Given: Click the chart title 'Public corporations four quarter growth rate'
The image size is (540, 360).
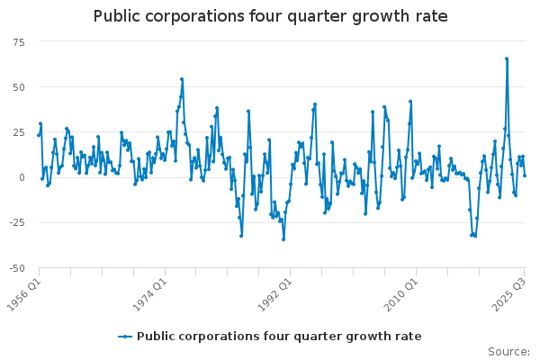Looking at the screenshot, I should pyautogui.click(x=270, y=16).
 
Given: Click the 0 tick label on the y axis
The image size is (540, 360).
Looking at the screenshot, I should pyautogui.click(x=22, y=177).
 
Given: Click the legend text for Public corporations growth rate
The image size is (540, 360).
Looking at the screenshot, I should pyautogui.click(x=279, y=337).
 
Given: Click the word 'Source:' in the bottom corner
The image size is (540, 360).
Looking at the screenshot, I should pyautogui.click(x=510, y=352).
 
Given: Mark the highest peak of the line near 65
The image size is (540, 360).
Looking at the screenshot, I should pyautogui.click(x=507, y=58).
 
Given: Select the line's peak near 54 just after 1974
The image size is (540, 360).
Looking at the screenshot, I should pyautogui.click(x=181, y=79).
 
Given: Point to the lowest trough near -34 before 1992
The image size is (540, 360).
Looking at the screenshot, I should pyautogui.click(x=283, y=238).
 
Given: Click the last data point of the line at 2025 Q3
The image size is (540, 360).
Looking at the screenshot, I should pyautogui.click(x=525, y=175).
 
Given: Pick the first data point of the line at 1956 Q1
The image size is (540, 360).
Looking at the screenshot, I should pyautogui.click(x=39, y=135).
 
